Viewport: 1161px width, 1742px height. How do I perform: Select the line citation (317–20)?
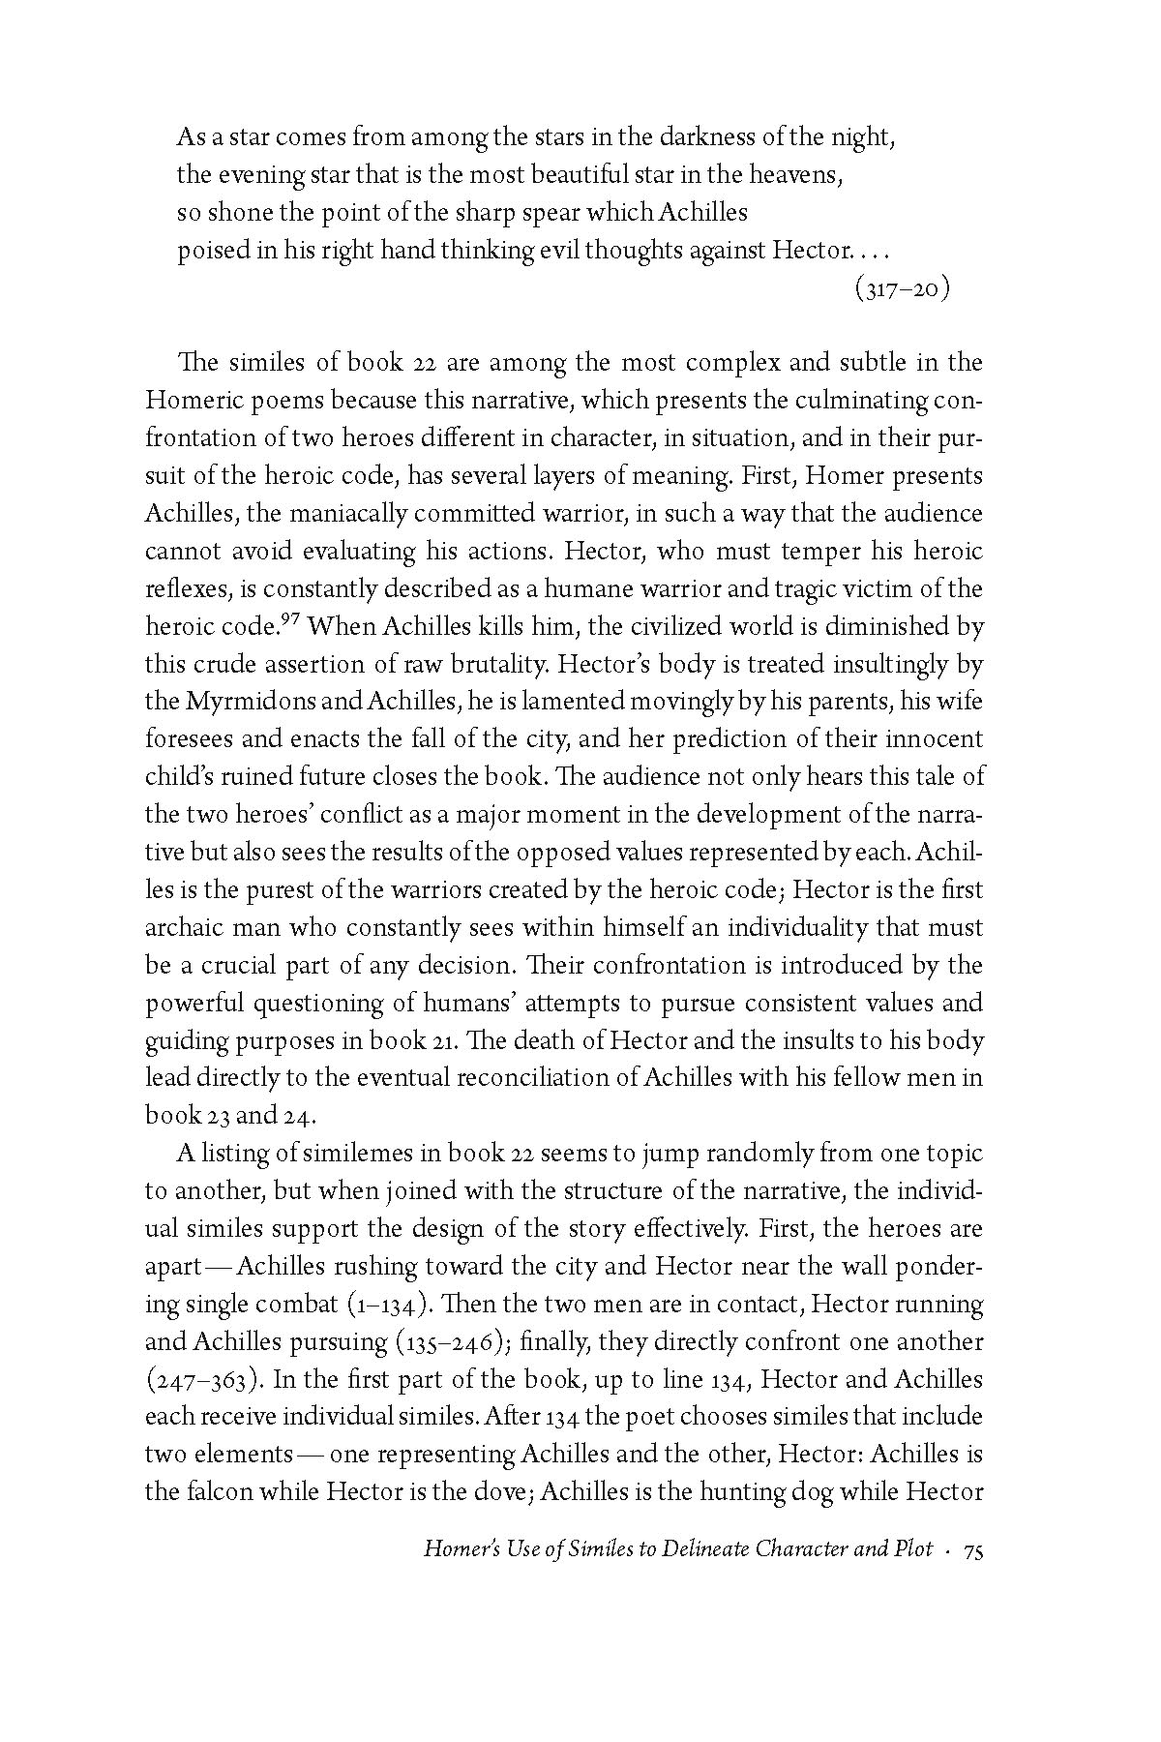coord(902,289)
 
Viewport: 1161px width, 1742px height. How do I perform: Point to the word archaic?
coord(185,927)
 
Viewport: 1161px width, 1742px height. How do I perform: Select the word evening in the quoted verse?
coord(253,175)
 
